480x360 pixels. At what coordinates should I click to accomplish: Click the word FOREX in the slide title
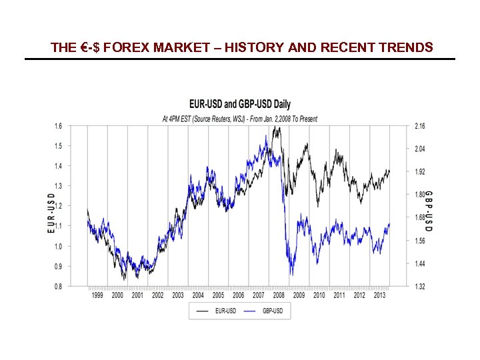coord(124,47)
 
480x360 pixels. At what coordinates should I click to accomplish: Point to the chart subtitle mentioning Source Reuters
coord(240,119)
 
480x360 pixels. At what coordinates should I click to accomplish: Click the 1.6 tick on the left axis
coord(59,125)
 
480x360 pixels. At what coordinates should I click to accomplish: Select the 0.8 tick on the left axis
coord(59,287)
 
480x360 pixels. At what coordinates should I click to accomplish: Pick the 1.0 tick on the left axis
coord(59,246)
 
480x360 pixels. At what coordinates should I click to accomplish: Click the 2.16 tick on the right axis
coord(420,125)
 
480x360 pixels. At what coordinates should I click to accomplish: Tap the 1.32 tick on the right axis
coord(420,287)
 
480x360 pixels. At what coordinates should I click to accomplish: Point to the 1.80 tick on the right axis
coord(420,195)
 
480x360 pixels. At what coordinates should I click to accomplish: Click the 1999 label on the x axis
coord(97,295)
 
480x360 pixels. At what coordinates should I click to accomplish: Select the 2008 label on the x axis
coord(279,295)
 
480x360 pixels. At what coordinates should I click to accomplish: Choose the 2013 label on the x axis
coord(379,295)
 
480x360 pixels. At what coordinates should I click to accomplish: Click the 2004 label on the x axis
coord(198,295)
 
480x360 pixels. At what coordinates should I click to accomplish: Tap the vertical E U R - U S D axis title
coord(51,213)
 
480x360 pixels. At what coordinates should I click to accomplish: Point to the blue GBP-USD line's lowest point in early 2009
coord(291,273)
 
